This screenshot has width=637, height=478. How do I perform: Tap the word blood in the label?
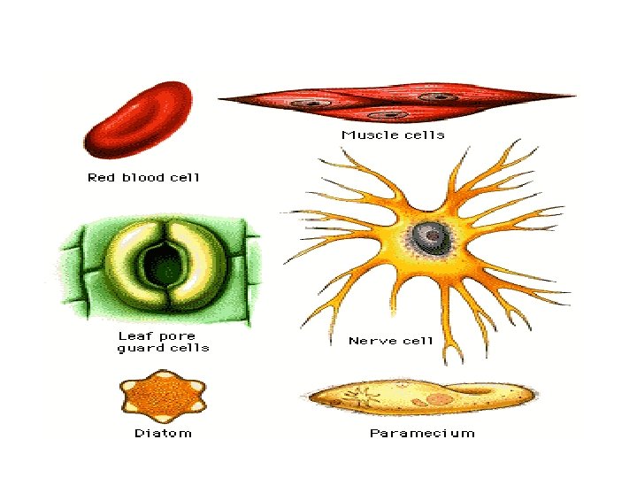pos(144,177)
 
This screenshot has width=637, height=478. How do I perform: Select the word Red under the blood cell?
pos(100,177)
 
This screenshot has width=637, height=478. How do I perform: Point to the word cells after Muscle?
pos(423,135)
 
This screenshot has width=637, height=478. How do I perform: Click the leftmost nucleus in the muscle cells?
pos(309,104)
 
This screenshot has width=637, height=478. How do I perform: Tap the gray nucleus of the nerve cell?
pos(427,235)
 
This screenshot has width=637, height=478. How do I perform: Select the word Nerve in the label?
pos(370,340)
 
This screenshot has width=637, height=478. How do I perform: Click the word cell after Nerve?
pos(416,340)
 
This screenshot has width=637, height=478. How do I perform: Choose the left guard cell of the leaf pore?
pos(128,263)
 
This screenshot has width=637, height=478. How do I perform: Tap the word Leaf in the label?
pos(133,336)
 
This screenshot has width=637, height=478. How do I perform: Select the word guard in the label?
pos(138,348)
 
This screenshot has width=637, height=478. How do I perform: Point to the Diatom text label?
pos(163,433)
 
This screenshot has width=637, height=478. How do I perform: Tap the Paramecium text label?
pos(422,433)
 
